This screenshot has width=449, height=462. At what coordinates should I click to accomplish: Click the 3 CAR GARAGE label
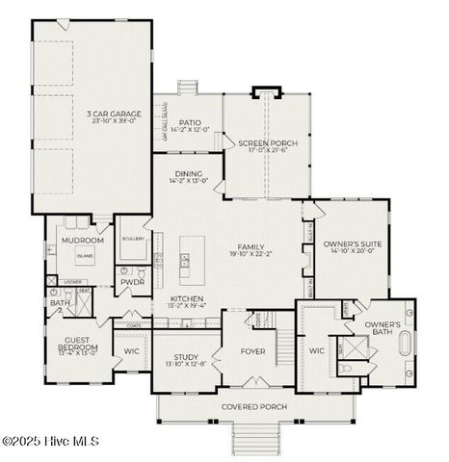pyautogui.click(x=92, y=113)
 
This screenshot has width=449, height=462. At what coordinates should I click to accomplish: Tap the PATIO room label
pyautogui.click(x=187, y=122)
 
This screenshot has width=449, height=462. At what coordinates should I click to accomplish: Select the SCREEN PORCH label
pyautogui.click(x=268, y=144)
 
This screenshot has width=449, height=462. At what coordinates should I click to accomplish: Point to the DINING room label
pyautogui.click(x=187, y=175)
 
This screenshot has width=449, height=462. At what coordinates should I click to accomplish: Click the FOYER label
pyautogui.click(x=252, y=351)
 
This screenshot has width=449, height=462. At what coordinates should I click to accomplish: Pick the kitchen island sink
pyautogui.click(x=185, y=258)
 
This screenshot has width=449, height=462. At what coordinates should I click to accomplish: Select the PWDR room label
pyautogui.click(x=132, y=283)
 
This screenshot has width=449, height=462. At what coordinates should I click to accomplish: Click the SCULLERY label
pyautogui.click(x=133, y=238)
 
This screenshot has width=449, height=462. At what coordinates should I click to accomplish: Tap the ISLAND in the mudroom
pyautogui.click(x=85, y=256)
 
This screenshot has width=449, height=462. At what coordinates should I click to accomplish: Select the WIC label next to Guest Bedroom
pyautogui.click(x=132, y=351)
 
